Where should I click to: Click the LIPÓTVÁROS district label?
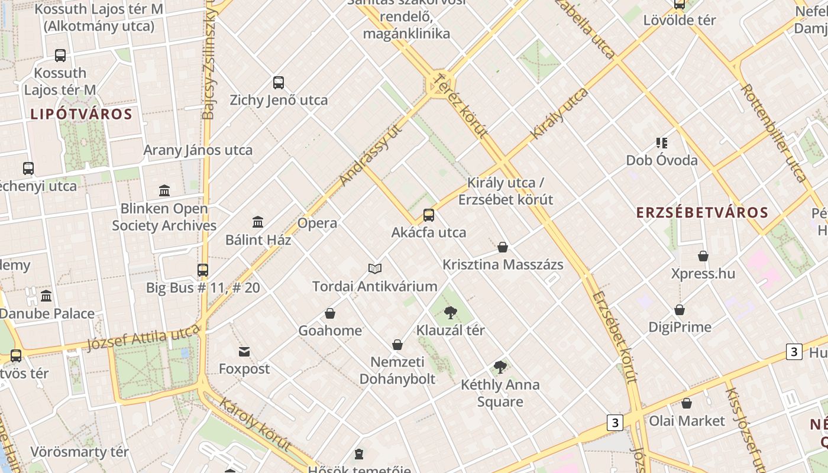(x=81, y=114)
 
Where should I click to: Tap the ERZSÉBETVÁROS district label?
(x=702, y=213)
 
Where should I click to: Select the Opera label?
(x=317, y=223)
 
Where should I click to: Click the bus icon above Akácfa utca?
(x=429, y=215)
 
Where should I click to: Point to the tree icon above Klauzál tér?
(x=451, y=313)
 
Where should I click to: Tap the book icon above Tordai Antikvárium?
(x=375, y=269)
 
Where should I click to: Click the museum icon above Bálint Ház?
(x=258, y=222)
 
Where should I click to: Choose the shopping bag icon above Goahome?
(x=330, y=313)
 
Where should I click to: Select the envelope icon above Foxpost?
(x=244, y=352)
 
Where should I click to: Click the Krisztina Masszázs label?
(x=503, y=264)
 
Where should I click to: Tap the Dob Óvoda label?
(x=662, y=160)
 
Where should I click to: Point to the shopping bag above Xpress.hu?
(x=703, y=256)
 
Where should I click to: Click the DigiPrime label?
(x=680, y=327)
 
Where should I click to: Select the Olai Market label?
(x=687, y=421)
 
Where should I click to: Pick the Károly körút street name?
(x=255, y=425)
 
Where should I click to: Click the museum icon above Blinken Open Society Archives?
(x=164, y=190)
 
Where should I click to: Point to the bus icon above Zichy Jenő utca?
(x=279, y=83)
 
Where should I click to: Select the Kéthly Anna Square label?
(x=500, y=393)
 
